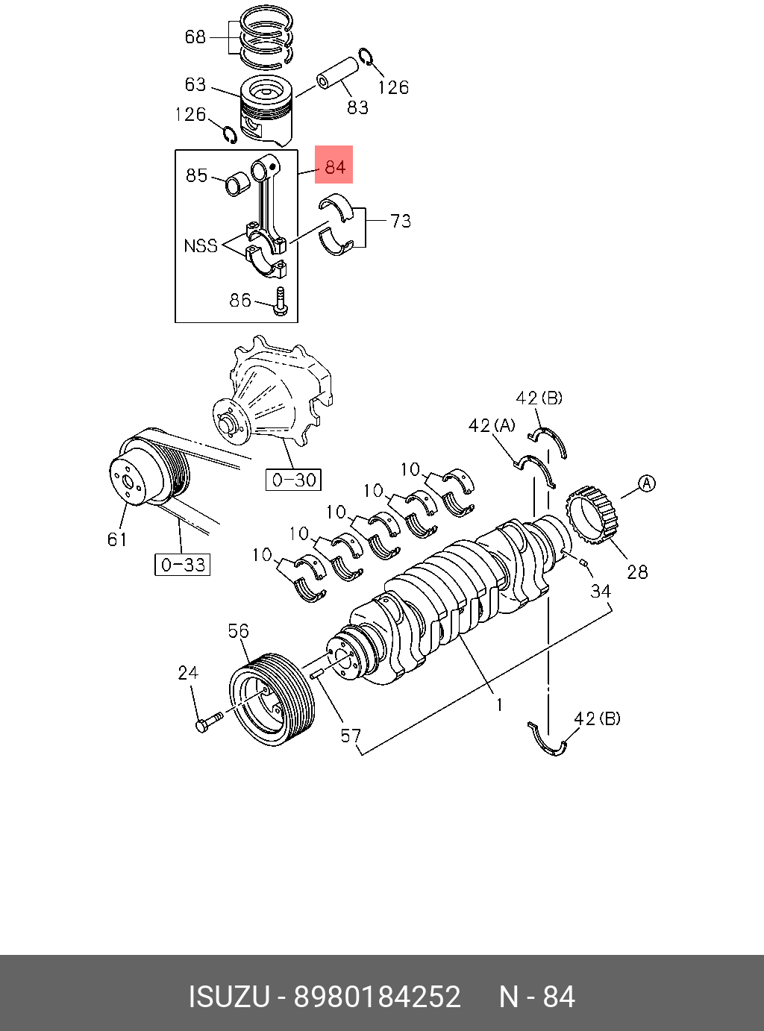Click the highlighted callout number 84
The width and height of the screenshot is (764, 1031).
pyautogui.click(x=334, y=166)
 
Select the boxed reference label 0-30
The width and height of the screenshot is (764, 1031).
pyautogui.click(x=293, y=480)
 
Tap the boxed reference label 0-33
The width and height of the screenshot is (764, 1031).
pyautogui.click(x=182, y=565)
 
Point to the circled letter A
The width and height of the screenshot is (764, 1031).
pyautogui.click(x=646, y=484)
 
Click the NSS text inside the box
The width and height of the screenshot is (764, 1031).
pyautogui.click(x=201, y=245)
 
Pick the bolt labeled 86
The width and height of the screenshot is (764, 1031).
pyautogui.click(x=281, y=301)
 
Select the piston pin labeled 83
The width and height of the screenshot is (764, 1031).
pyautogui.click(x=338, y=72)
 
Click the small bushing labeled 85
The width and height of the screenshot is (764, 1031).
pyautogui.click(x=237, y=183)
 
